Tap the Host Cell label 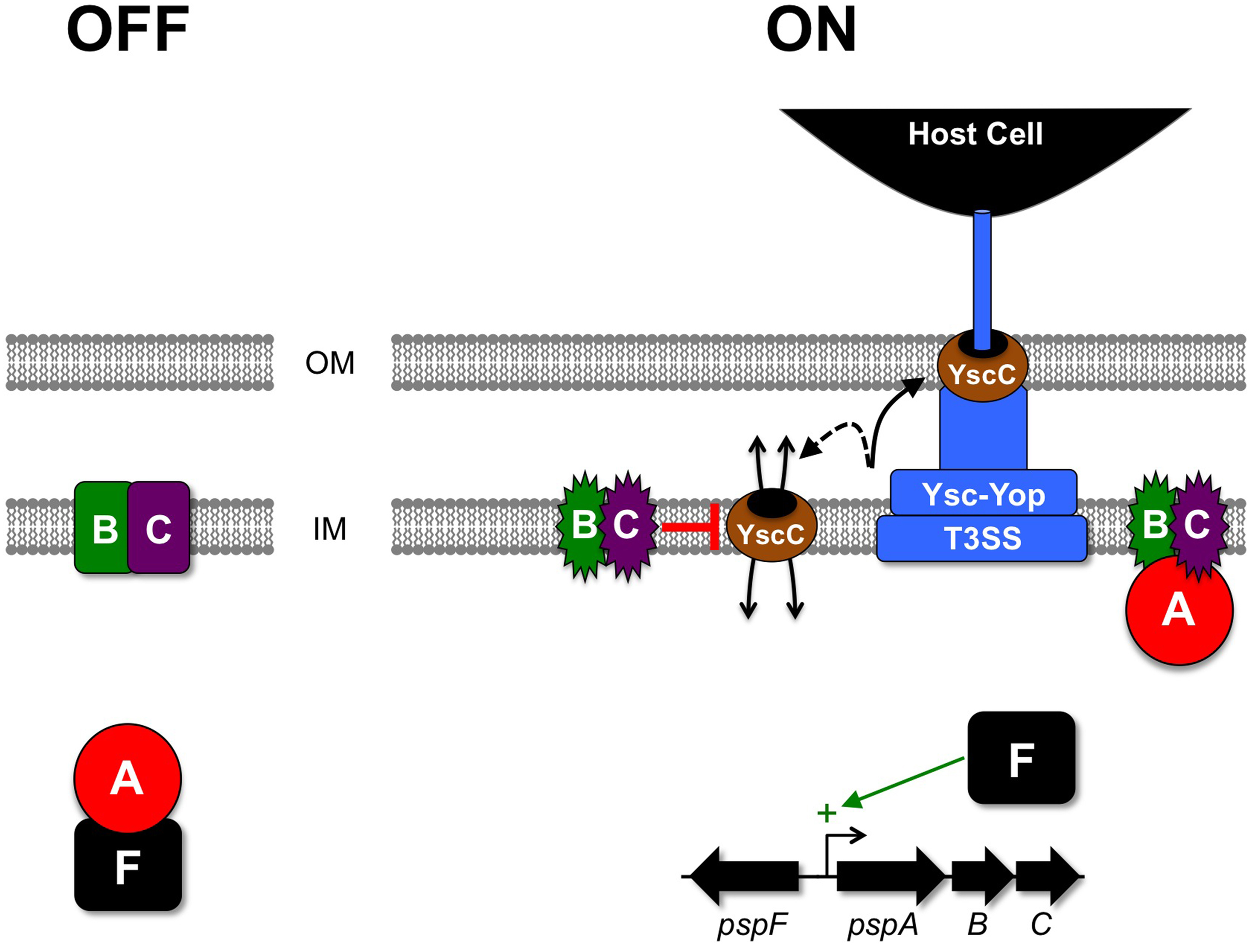[x=975, y=134]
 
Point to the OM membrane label [x=330, y=363]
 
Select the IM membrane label [x=329, y=529]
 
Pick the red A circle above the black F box [x=127, y=778]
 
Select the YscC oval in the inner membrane [x=771, y=525]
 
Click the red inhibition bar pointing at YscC [x=689, y=527]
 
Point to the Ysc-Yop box [x=984, y=493]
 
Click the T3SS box [x=982, y=538]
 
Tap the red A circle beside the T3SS [x=1179, y=611]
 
